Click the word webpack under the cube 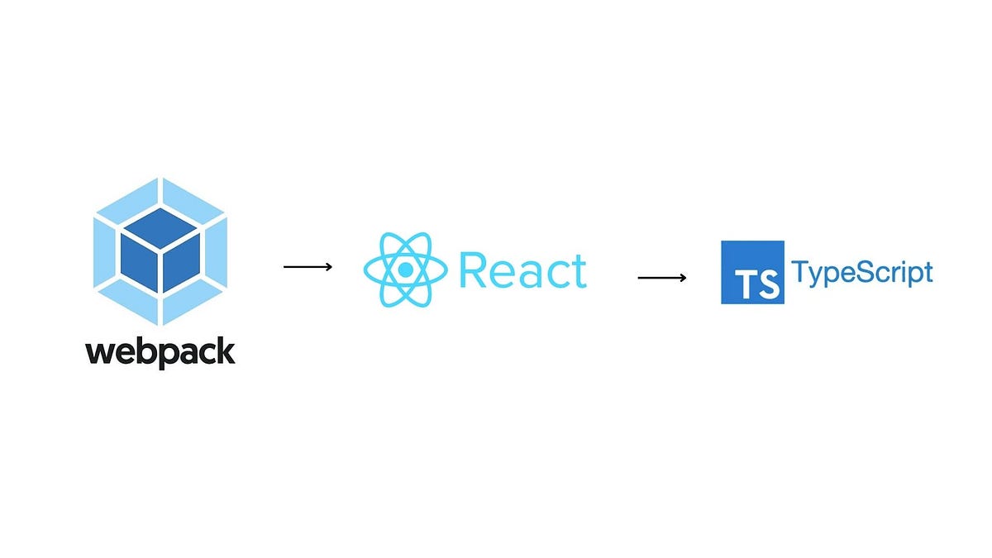click(x=160, y=351)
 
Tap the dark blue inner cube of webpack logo click(x=160, y=251)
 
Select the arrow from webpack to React click(x=308, y=266)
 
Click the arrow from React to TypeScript click(x=662, y=278)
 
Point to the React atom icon click(x=404, y=270)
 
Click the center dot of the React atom click(x=404, y=270)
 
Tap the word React click(x=522, y=270)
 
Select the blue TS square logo click(x=752, y=272)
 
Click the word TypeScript click(x=862, y=273)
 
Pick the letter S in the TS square click(x=767, y=284)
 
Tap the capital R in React click(x=474, y=270)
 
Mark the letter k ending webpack click(x=226, y=351)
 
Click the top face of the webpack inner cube click(x=160, y=225)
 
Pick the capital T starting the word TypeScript click(x=800, y=271)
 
